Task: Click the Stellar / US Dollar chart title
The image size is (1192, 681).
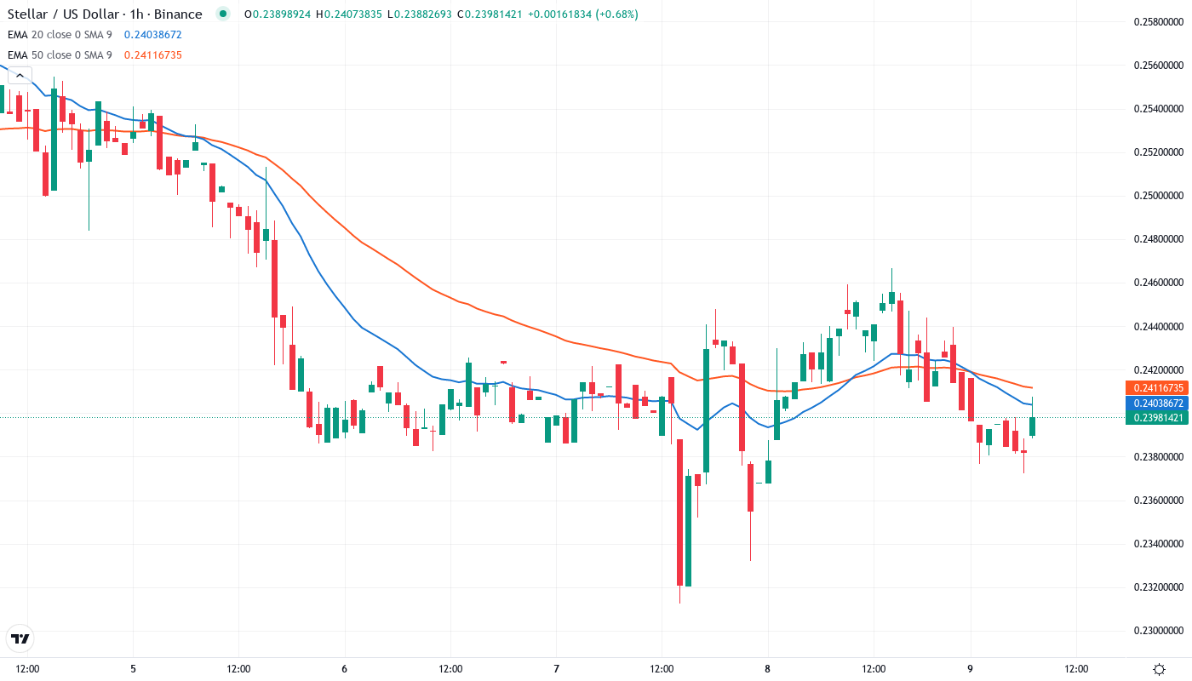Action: [105, 14]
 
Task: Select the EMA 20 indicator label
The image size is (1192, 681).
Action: [60, 35]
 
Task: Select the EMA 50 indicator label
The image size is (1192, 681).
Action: [60, 55]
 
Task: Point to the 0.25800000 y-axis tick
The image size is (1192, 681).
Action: [1158, 21]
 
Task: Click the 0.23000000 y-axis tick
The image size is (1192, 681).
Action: [1158, 631]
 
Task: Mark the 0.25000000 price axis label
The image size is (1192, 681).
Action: [1158, 196]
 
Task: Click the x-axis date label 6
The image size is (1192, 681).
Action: [344, 669]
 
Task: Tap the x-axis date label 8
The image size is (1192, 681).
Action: [767, 669]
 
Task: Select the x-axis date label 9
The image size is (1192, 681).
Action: [971, 669]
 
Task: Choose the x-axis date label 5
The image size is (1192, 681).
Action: [133, 669]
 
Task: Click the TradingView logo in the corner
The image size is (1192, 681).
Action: [20, 638]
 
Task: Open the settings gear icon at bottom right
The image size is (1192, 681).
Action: [1159, 669]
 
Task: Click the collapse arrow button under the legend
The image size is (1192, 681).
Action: [20, 75]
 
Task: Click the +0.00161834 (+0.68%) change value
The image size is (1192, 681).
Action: [582, 14]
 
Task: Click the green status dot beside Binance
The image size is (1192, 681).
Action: [223, 14]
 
